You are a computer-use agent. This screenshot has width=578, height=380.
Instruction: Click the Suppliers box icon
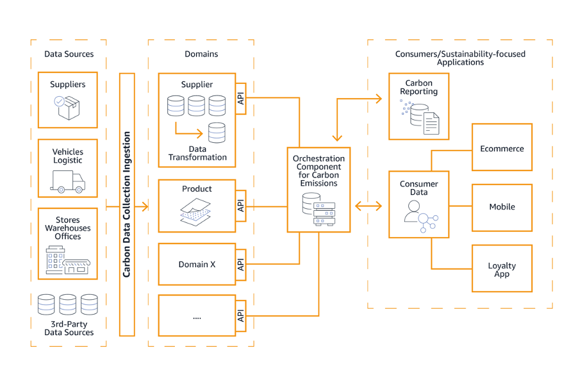(x=68, y=107)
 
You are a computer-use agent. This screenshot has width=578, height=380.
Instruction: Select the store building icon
(x=68, y=260)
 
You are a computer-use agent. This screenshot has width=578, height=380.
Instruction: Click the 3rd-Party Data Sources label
(x=69, y=328)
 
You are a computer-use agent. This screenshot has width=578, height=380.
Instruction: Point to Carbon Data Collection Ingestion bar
(x=127, y=204)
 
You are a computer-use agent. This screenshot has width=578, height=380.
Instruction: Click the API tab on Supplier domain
(x=241, y=98)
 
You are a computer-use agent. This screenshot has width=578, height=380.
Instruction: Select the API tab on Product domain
(x=241, y=206)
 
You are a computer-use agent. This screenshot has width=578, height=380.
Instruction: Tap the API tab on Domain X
(x=241, y=265)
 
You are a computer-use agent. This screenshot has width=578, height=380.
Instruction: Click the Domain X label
(x=197, y=264)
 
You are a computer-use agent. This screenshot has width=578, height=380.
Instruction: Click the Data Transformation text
(x=197, y=153)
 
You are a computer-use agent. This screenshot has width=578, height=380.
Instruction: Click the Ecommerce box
(x=502, y=148)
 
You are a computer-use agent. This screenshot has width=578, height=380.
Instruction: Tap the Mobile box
(x=502, y=207)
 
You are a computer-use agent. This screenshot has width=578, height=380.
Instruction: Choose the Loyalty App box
(x=502, y=269)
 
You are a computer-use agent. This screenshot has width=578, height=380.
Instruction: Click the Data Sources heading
(x=69, y=54)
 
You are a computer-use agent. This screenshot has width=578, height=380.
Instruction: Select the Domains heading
(x=201, y=54)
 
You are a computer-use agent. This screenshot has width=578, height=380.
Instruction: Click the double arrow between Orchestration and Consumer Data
(x=368, y=206)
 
